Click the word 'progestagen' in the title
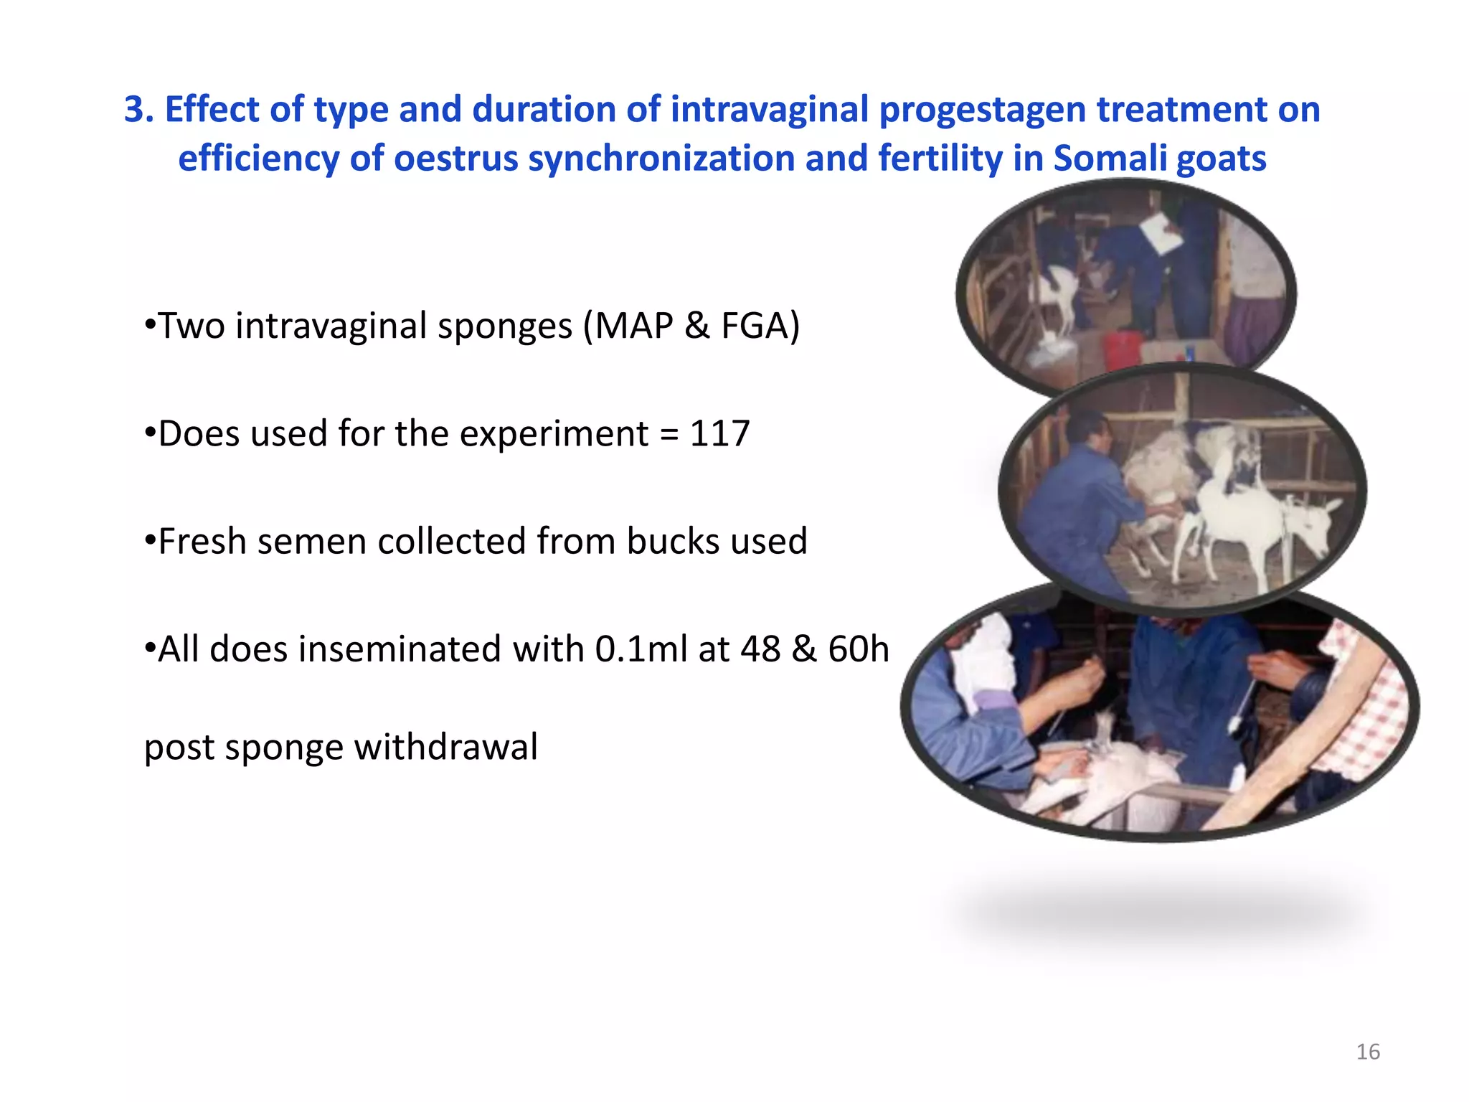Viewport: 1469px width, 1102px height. [981, 110]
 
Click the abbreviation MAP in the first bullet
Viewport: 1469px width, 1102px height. [633, 326]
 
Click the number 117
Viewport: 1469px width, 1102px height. [719, 433]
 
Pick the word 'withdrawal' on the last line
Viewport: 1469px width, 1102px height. [445, 747]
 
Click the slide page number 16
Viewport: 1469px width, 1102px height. [1368, 1052]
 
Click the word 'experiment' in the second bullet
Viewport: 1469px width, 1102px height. [554, 435]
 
